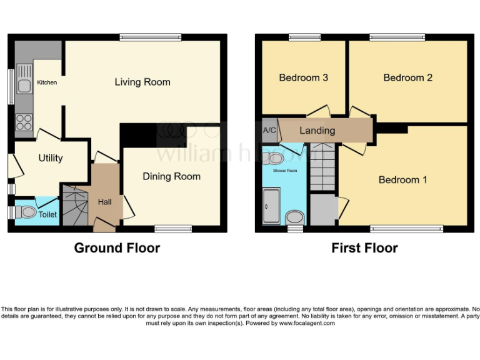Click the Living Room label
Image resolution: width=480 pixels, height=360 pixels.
(x=142, y=82)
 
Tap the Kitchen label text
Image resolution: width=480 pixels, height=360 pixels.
(x=47, y=82)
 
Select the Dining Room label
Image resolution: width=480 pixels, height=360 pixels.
(x=171, y=176)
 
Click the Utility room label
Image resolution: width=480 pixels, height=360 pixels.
(x=50, y=158)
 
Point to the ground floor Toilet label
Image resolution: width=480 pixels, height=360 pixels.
(x=47, y=214)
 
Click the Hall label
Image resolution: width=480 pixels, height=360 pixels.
(x=104, y=202)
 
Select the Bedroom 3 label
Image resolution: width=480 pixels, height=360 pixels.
(x=304, y=77)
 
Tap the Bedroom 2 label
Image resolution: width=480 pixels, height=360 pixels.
(x=407, y=77)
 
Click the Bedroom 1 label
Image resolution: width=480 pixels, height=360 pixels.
(x=403, y=180)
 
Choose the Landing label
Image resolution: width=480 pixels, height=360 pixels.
(x=317, y=131)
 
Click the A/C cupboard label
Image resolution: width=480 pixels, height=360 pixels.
(x=269, y=131)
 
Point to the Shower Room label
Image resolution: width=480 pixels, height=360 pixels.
(x=285, y=170)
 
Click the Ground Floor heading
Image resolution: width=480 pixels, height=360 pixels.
(x=117, y=248)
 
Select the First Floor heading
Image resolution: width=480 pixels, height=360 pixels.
(x=364, y=248)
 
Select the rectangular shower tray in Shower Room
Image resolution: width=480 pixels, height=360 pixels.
(x=271, y=207)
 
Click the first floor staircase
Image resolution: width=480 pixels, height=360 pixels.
(x=324, y=167)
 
